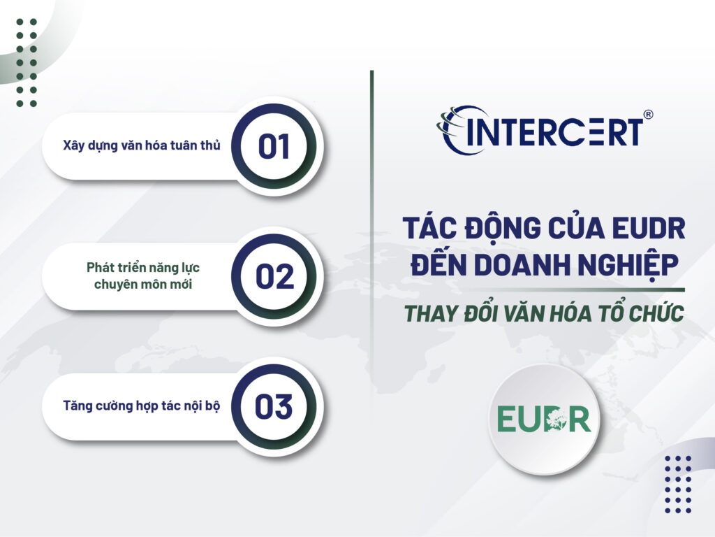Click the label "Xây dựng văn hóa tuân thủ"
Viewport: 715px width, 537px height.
pos(142,145)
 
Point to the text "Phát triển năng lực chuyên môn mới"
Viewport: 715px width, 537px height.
pos(143,276)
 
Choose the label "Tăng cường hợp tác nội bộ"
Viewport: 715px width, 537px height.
pos(142,406)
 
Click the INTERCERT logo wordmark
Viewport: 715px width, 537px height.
pos(552,132)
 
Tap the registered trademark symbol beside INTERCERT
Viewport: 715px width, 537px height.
pos(647,115)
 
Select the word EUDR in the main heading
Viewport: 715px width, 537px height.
pos(647,229)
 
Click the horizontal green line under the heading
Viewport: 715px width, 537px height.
pos(544,289)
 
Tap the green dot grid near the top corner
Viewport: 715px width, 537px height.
pos(27,62)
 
